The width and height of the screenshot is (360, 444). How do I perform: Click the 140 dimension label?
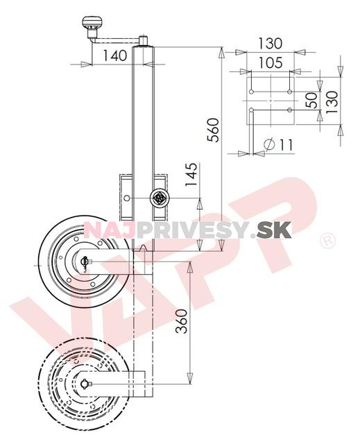pos(114,55)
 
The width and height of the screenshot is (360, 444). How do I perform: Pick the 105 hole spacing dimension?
pos(270,62)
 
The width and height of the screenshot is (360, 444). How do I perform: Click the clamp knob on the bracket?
pos(159,198)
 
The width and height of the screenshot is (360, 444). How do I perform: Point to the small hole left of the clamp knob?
pos(127,199)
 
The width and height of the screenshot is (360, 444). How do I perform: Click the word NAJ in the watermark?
pos(104,230)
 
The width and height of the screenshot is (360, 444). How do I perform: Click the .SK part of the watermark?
pos(273,230)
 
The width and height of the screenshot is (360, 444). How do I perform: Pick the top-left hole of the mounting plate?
pos(252,89)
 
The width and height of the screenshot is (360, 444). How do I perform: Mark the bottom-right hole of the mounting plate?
pos(289,110)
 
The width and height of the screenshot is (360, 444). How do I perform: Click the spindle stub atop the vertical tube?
pos(144,41)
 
